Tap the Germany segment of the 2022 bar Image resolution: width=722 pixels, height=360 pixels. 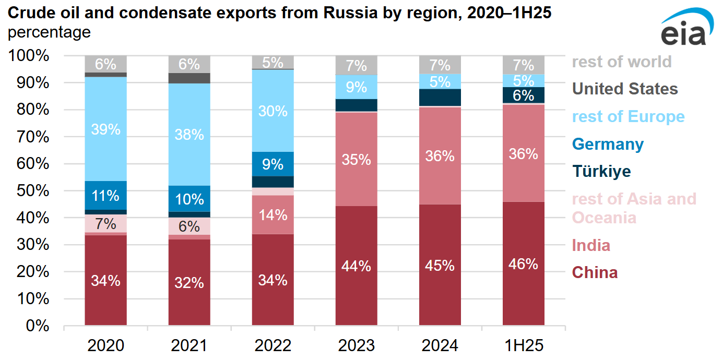[273, 164]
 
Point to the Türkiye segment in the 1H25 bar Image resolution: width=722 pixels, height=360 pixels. [523, 95]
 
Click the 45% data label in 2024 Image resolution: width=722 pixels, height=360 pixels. [440, 266]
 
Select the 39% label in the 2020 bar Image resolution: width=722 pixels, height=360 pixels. [105, 129]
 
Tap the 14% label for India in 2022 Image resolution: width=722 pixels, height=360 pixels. [273, 215]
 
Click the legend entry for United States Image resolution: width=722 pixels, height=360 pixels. [625, 89]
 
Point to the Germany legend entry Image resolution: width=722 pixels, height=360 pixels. [608, 144]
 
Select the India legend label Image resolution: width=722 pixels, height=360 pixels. [591, 245]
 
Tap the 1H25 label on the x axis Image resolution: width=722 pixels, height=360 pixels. [523, 345]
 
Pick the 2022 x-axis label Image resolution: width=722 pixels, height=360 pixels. [273, 345]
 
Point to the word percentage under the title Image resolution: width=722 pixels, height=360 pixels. [49, 32]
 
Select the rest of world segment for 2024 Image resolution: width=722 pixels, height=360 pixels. [440, 65]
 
